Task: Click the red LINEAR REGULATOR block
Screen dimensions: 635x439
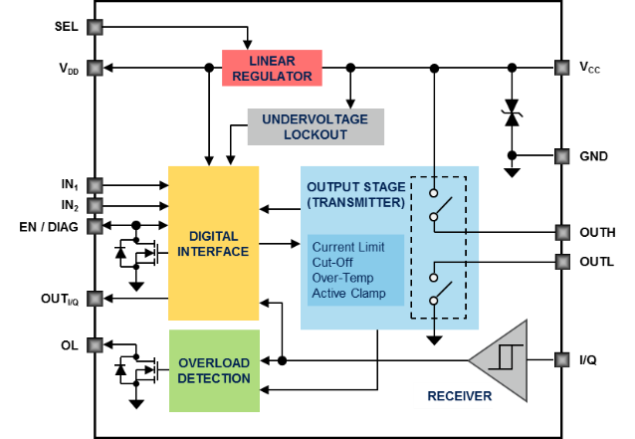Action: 272,68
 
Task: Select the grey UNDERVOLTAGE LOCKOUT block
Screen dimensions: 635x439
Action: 316,126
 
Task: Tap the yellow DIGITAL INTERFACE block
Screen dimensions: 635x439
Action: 213,243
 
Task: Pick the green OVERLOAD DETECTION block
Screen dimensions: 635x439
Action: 214,370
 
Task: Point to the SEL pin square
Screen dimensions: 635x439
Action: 95,27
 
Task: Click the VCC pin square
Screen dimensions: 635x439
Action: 561,68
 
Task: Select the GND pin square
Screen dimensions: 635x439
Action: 561,156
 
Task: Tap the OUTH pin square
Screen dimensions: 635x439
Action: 562,233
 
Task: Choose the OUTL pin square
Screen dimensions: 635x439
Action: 562,262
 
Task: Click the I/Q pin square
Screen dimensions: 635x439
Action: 561,359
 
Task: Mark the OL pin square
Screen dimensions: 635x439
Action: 95,345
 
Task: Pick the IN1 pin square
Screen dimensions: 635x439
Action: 95,185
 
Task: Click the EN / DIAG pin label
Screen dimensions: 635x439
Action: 49,227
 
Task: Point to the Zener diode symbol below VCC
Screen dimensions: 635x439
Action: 512,113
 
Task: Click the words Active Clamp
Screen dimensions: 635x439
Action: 348,294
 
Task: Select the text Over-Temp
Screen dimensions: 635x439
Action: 343,278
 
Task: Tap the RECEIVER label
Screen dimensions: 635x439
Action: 460,396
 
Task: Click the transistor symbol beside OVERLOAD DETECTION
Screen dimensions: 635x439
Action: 137,369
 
